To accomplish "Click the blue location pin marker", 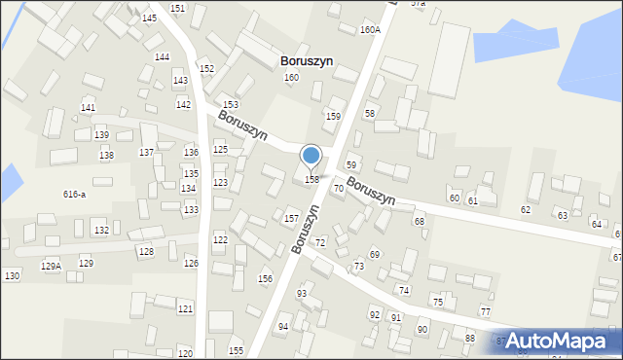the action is (311, 156).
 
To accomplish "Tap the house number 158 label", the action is (312, 180).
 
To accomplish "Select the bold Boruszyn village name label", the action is (307, 60).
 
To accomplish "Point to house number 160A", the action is (370, 30).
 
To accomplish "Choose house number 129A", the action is (51, 266).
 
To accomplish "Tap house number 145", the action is (149, 18).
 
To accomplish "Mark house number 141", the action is (89, 108).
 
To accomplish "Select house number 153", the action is (231, 104).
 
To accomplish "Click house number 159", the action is (333, 117).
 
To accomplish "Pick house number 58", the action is (370, 114).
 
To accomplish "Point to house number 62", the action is (526, 210).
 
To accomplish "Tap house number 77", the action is (486, 311).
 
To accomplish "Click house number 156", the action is (265, 279).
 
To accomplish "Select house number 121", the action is (185, 308).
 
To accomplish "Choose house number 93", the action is (302, 294).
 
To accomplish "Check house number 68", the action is (420, 222).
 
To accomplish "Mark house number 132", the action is (101, 230).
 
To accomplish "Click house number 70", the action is (339, 188).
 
